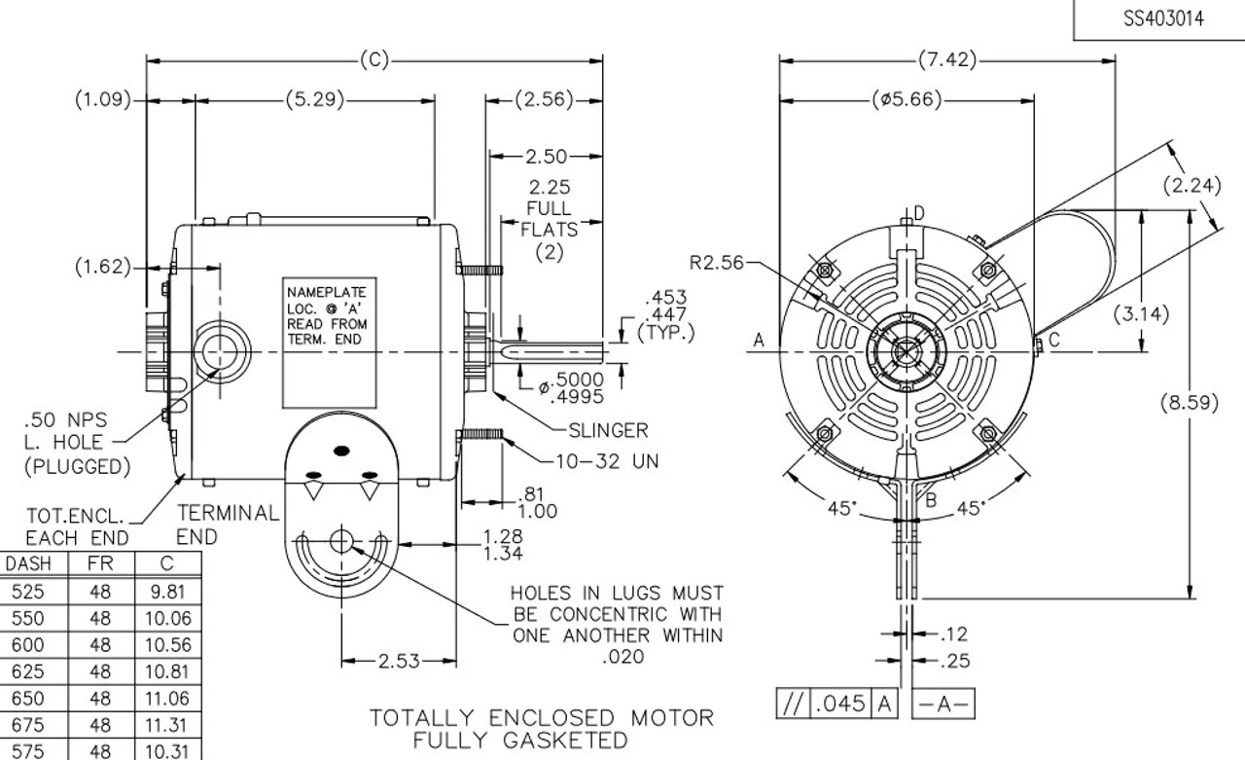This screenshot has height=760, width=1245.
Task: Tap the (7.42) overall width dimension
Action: (947, 60)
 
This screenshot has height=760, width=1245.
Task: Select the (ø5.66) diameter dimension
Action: (907, 100)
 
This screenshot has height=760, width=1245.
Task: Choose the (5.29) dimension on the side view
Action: (314, 100)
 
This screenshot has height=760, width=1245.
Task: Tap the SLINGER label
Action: (608, 429)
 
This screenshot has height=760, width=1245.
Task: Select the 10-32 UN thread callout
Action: (606, 461)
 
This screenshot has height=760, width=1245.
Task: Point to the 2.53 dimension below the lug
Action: (400, 662)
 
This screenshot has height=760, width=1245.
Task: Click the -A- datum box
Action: (943, 704)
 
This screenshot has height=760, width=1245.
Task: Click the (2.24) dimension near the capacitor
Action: (1192, 184)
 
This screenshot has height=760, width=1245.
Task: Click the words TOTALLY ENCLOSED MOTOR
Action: (541, 718)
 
